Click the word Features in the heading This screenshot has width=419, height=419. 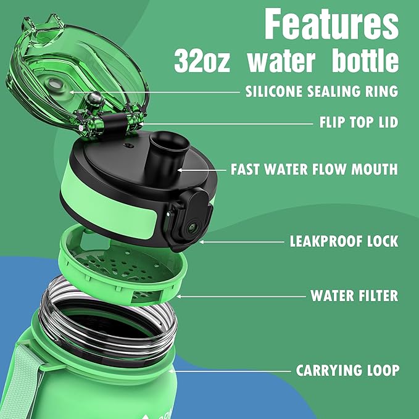click(331, 24)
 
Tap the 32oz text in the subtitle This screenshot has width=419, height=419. click(202, 61)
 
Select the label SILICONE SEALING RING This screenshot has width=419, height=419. click(322, 91)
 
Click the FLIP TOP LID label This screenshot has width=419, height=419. click(359, 122)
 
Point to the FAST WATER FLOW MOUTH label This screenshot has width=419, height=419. click(314, 170)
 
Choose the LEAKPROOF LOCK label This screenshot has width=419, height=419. click(344, 241)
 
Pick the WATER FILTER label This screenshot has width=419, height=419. click(354, 296)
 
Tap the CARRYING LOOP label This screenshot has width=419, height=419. click(347, 370)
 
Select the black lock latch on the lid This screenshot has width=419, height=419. click(189, 218)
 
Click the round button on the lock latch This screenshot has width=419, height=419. click(192, 228)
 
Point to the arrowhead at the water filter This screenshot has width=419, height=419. click(179, 296)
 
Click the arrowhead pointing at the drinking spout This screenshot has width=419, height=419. click(180, 170)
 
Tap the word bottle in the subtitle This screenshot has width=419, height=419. click(365, 60)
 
